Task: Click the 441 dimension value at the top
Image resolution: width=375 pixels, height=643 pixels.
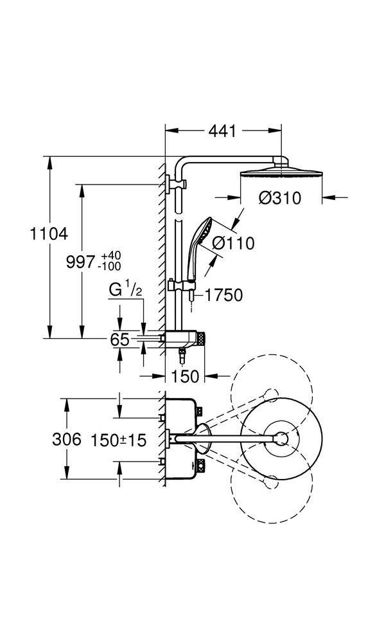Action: (222, 131)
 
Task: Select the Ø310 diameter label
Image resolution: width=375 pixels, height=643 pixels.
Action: (280, 198)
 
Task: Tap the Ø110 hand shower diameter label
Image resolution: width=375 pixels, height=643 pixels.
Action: (233, 243)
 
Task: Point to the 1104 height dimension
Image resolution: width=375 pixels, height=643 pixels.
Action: (49, 234)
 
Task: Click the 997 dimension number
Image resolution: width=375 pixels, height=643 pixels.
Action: (80, 262)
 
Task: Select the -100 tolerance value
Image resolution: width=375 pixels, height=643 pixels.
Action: (109, 267)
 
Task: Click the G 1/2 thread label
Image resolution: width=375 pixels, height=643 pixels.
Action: (125, 290)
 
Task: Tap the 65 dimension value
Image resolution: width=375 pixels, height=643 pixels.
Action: (120, 339)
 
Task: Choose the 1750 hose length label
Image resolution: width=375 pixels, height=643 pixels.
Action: (223, 295)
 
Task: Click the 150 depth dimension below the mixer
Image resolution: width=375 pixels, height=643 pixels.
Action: (185, 376)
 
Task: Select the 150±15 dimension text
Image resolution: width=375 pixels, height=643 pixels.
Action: (118, 440)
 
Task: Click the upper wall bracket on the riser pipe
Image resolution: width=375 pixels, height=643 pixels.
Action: (176, 183)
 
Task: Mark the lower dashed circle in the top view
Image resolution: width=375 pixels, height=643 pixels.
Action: (272, 487)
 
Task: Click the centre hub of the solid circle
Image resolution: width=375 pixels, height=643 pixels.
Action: (281, 439)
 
